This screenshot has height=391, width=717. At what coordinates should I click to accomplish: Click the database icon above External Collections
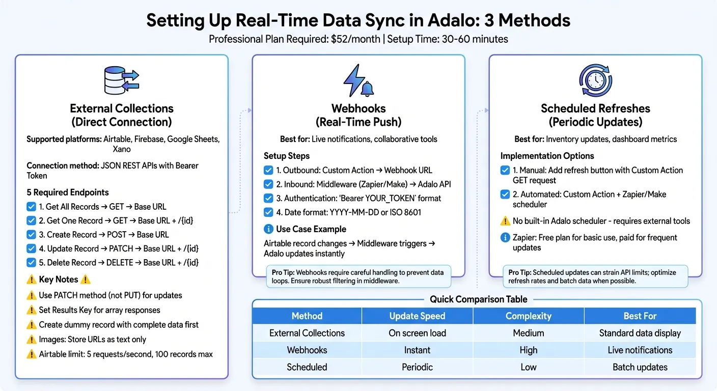[x=121, y=81]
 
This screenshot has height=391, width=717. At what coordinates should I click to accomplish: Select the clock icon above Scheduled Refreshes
[x=595, y=80]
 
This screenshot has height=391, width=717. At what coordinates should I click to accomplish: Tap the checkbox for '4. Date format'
[x=268, y=212]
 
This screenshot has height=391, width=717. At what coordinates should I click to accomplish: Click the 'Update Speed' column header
[x=417, y=316]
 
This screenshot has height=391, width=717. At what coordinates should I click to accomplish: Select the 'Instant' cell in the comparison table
[x=417, y=350]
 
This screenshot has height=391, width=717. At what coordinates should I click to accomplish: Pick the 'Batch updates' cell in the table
[x=640, y=367]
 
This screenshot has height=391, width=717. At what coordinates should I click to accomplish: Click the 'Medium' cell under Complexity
[x=528, y=333]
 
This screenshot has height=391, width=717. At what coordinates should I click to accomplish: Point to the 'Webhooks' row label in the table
[x=307, y=350]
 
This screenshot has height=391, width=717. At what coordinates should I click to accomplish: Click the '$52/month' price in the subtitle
[x=353, y=39]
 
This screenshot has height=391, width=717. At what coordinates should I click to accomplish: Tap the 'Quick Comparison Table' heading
[x=478, y=299]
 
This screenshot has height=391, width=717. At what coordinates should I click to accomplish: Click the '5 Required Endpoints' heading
[x=67, y=192]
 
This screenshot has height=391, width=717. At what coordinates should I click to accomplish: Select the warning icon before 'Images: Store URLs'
[x=32, y=340]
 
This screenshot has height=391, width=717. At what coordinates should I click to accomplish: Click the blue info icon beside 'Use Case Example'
[x=268, y=229]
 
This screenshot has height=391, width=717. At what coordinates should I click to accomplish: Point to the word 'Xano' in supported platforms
[x=121, y=149]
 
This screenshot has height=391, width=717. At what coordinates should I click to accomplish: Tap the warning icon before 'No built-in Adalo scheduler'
[x=505, y=221]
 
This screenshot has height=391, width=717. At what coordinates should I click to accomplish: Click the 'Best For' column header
[x=640, y=316]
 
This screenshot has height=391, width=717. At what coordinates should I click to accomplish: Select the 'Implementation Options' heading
[x=547, y=156]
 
